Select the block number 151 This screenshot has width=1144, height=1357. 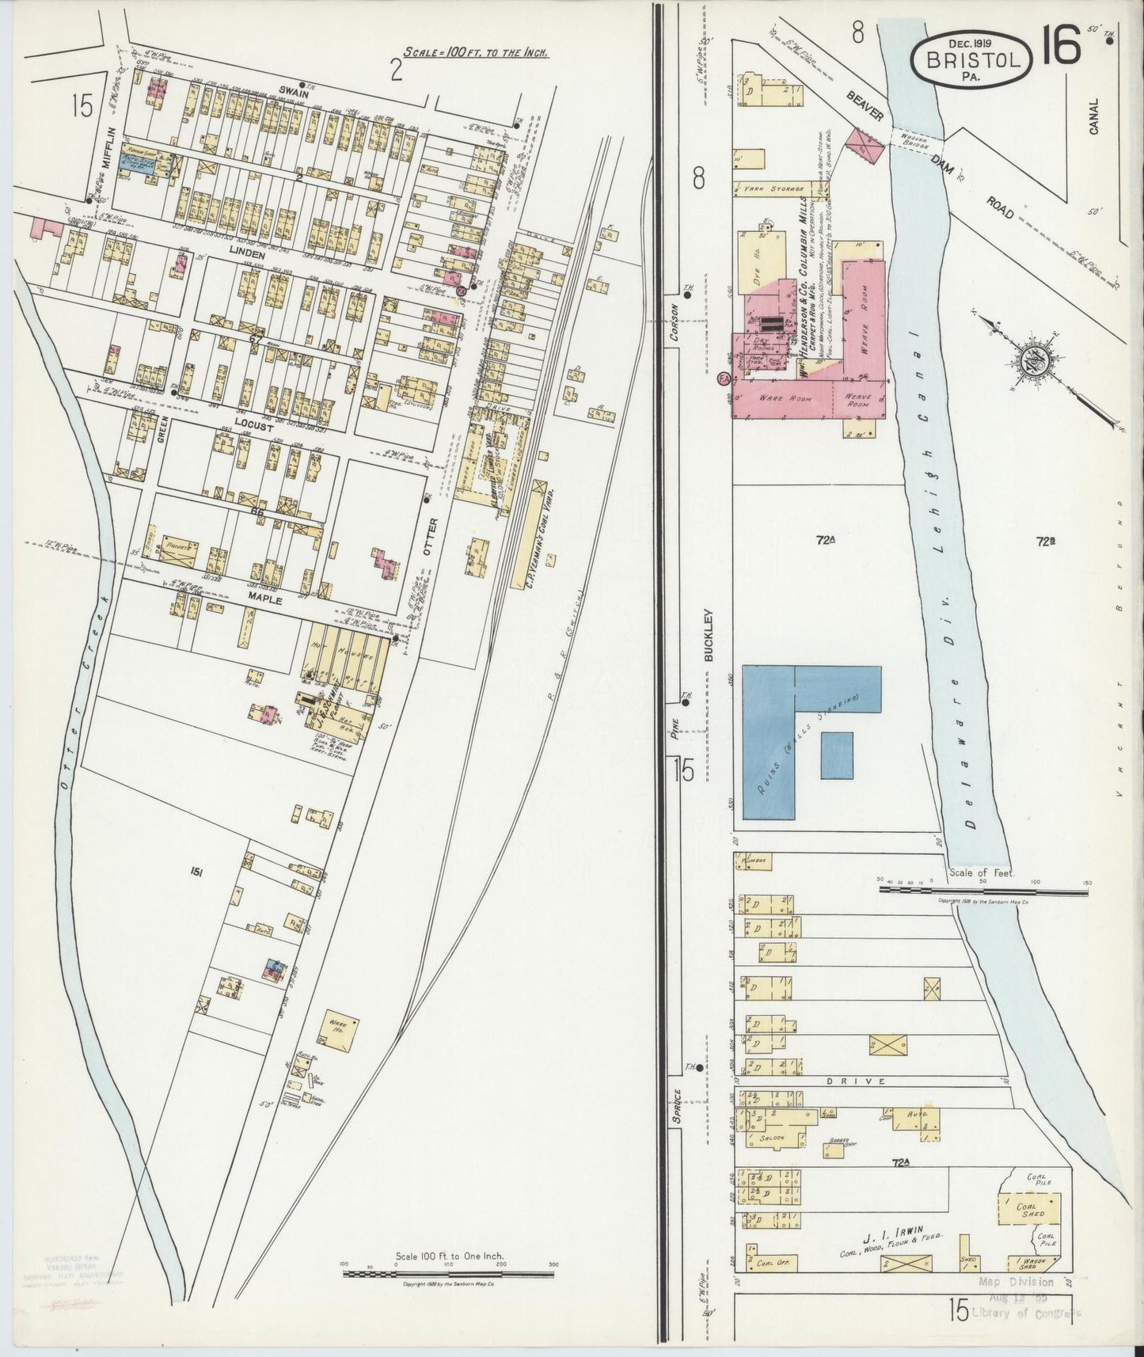(197, 871)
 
